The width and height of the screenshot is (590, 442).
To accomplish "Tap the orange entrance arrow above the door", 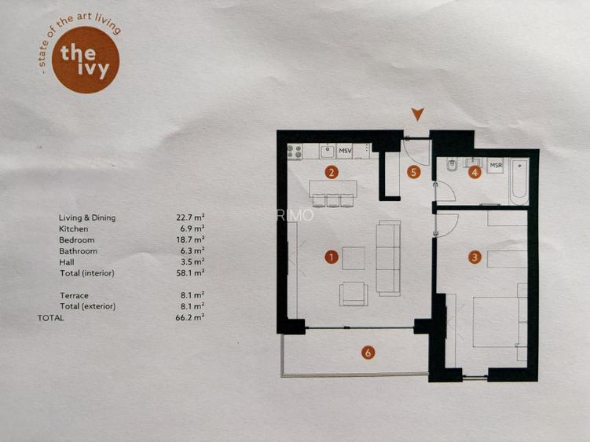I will (418, 115).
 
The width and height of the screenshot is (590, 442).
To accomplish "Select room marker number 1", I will (332, 256).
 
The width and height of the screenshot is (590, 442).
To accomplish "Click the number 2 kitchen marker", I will (332, 172).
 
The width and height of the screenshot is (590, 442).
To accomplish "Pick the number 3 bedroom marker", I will (474, 256).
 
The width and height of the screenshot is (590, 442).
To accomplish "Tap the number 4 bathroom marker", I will (474, 172).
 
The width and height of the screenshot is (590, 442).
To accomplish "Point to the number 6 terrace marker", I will (368, 353).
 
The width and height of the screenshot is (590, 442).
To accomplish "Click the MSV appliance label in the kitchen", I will (346, 150).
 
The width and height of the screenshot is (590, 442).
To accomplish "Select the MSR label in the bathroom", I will (496, 166).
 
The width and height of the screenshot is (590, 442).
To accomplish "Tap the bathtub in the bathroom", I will (519, 181).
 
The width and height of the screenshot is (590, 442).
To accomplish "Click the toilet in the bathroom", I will (451, 167).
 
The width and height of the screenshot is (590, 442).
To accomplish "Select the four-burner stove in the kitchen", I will (295, 151).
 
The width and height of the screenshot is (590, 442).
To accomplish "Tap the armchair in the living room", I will (353, 293).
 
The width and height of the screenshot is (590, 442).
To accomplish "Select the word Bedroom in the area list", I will (76, 239).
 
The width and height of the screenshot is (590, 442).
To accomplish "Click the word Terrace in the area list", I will (74, 295).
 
